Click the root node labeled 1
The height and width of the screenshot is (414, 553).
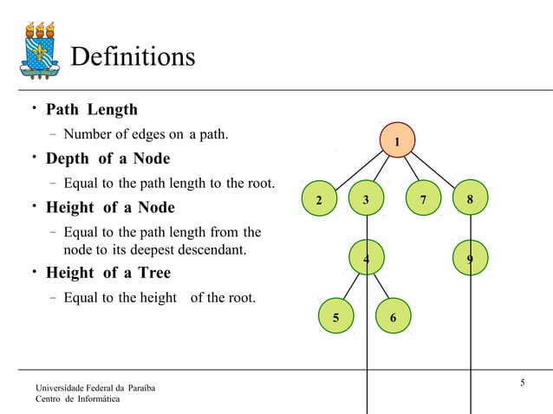[398, 141]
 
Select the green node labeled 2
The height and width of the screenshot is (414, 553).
[318, 200]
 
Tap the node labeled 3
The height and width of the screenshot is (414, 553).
[366, 199]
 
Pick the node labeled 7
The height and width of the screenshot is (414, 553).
[422, 200]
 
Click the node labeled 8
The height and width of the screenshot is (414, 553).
[470, 199]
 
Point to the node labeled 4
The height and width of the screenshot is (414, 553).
[367, 257]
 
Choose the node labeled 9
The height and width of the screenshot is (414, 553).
[470, 257]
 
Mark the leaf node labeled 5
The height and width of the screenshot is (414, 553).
[335, 318]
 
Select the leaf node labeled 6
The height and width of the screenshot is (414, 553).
[394, 318]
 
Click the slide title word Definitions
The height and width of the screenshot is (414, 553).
[133, 57]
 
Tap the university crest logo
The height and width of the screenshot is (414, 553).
[41, 51]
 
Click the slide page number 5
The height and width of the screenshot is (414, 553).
[523, 383]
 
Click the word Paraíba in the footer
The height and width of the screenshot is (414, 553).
[139, 385]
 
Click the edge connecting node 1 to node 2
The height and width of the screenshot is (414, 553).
[357, 171]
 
